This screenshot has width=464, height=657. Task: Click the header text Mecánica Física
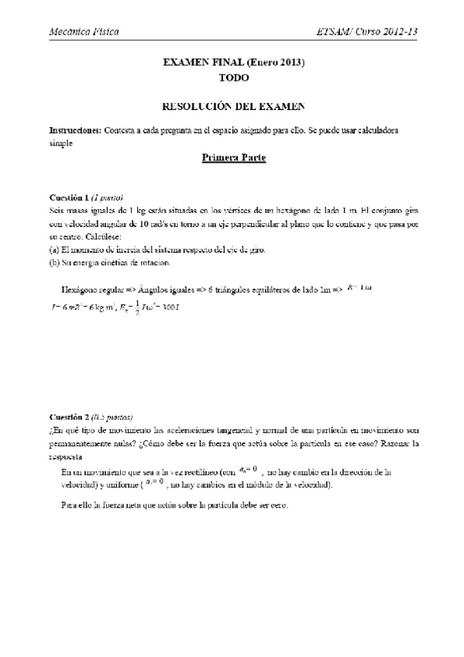[x=83, y=32]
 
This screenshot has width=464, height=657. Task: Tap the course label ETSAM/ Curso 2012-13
[x=377, y=32]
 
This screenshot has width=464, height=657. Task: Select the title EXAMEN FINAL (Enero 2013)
[x=233, y=67]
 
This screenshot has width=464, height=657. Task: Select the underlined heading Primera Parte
[x=233, y=159]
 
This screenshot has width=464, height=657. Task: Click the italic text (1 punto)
[x=108, y=197]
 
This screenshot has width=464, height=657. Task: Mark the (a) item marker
[x=53, y=250]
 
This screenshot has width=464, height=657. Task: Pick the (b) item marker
[x=53, y=263]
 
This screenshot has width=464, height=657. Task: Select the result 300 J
[x=177, y=306]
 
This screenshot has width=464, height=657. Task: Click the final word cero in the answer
[x=278, y=505]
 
